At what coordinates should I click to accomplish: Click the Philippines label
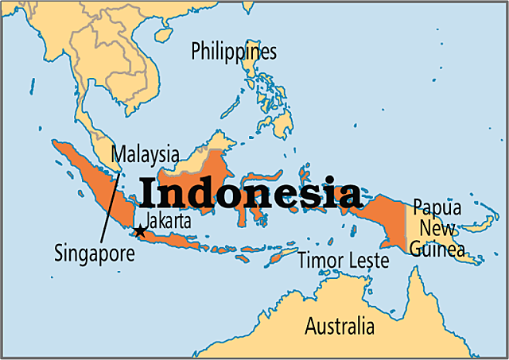(234, 52)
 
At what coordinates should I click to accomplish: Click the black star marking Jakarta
(139, 231)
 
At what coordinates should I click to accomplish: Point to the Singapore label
(95, 254)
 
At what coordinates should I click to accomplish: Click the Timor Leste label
(343, 260)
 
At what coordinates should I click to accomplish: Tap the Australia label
(340, 326)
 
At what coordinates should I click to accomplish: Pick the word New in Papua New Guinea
(436, 230)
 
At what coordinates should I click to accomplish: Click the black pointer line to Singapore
(110, 199)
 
